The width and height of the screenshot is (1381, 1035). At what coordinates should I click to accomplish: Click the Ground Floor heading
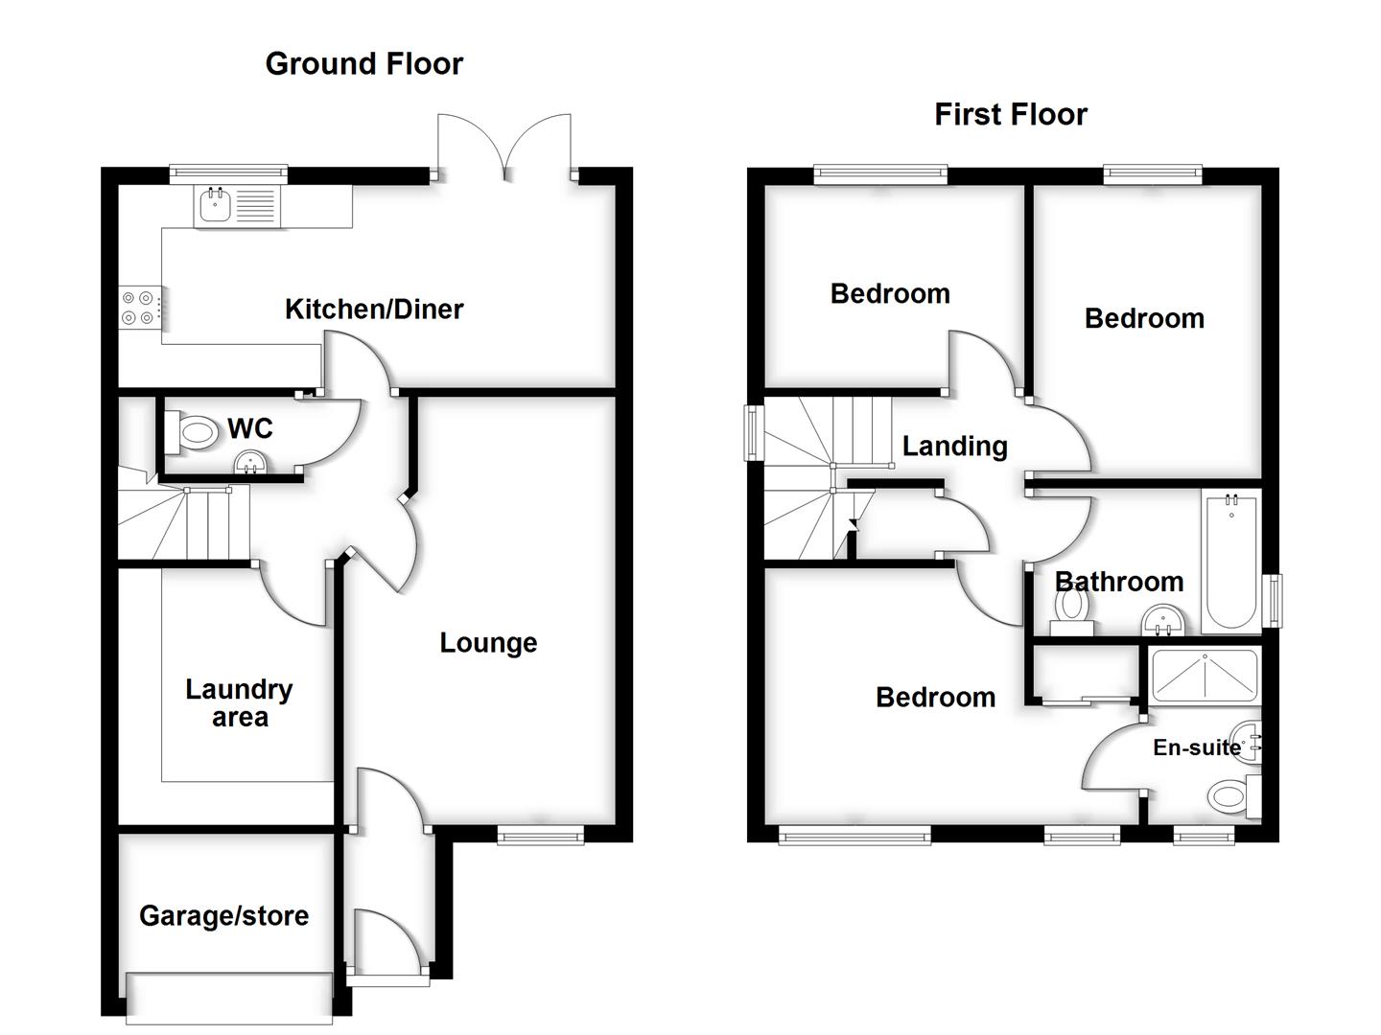click(363, 63)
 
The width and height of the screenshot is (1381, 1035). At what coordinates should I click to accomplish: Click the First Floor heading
click(1010, 114)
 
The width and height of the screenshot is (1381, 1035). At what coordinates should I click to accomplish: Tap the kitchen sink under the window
click(237, 206)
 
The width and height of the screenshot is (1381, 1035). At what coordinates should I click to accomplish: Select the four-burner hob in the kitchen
click(137, 307)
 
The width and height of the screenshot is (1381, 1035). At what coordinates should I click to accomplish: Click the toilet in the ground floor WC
click(192, 431)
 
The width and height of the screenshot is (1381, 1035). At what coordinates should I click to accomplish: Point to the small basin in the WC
click(252, 463)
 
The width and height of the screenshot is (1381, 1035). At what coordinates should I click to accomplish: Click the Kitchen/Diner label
click(374, 309)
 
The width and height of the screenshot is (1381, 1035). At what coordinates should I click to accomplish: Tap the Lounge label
click(488, 642)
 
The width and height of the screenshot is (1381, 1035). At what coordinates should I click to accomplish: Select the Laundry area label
click(239, 702)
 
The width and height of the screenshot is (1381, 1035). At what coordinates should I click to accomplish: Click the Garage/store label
click(223, 915)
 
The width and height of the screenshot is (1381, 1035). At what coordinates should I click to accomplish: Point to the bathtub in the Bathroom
click(1229, 561)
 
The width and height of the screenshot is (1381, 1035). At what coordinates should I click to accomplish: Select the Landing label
click(954, 446)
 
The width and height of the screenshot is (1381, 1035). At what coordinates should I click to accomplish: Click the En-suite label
click(1196, 747)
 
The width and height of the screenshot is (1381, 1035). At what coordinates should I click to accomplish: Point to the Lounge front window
click(540, 837)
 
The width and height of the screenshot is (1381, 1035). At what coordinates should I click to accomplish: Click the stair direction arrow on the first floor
click(854, 525)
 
